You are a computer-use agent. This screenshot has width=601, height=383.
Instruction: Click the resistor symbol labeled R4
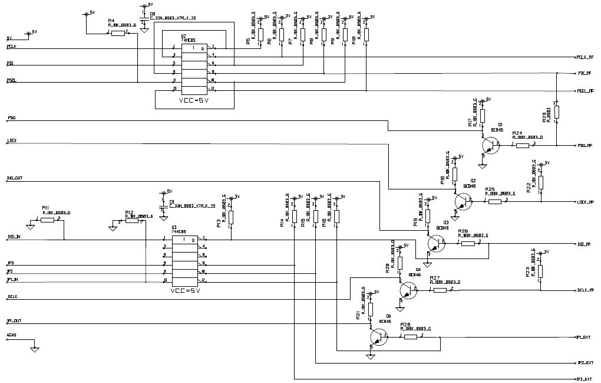point(118,33)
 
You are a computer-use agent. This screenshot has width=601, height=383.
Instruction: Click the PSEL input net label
point(11,80)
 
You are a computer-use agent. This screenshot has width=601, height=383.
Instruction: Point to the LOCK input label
point(12,141)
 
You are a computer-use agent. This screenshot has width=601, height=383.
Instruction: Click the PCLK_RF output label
point(585,57)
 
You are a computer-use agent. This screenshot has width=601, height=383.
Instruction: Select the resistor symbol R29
point(556,112)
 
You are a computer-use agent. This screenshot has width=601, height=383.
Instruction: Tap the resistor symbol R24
point(523,145)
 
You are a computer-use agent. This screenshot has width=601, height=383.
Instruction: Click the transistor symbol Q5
point(378,337)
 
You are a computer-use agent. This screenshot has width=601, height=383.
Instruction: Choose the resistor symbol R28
point(411,336)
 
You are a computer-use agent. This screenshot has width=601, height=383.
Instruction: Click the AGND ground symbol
point(35,349)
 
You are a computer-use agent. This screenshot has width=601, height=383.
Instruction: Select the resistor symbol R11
point(48,220)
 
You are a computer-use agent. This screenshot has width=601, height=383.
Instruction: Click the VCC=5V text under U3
point(186,291)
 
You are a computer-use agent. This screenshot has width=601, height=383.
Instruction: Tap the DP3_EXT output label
point(584,379)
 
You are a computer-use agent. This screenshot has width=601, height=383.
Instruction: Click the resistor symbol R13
point(230,217)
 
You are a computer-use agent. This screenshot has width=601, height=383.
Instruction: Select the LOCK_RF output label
point(585,202)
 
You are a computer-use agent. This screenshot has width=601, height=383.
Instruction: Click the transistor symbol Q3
point(435,243)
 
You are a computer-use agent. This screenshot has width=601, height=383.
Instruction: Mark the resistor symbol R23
point(540,271)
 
